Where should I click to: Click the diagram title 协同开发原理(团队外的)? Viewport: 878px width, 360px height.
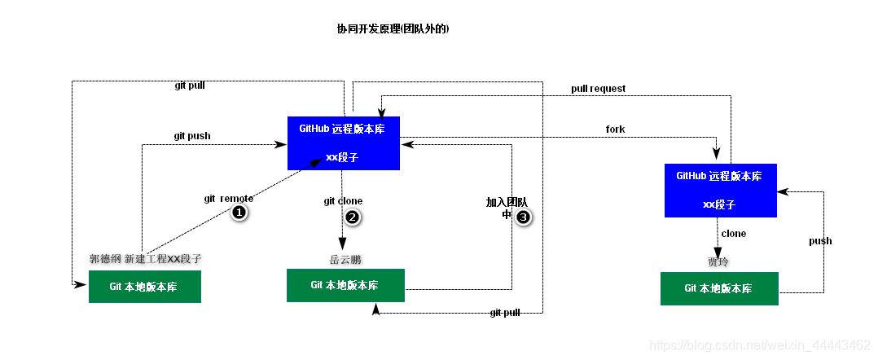point(393,29)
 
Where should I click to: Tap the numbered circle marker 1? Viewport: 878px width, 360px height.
point(239,213)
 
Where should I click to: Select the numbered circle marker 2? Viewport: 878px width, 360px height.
point(352,217)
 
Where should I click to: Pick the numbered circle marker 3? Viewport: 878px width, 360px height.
point(523,217)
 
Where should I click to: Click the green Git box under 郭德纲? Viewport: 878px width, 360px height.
point(144,287)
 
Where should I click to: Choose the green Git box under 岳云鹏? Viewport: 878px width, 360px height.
point(345,285)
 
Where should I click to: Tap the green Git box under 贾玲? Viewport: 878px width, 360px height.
point(718,288)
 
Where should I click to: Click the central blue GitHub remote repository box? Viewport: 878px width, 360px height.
point(343,143)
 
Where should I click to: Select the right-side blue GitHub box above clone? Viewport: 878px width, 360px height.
point(720,190)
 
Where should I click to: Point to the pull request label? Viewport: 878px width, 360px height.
point(598,88)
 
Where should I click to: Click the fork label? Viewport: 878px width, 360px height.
point(615,130)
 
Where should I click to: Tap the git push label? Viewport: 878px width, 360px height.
point(192,136)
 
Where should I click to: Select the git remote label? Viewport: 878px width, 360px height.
point(228,198)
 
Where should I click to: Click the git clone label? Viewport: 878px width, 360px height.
point(343,201)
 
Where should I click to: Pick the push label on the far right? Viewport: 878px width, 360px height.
point(820,241)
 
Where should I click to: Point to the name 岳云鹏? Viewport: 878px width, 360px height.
point(345,260)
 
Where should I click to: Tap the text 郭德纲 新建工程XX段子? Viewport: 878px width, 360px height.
point(145,259)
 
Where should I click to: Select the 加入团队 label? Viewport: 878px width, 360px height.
point(507,202)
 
